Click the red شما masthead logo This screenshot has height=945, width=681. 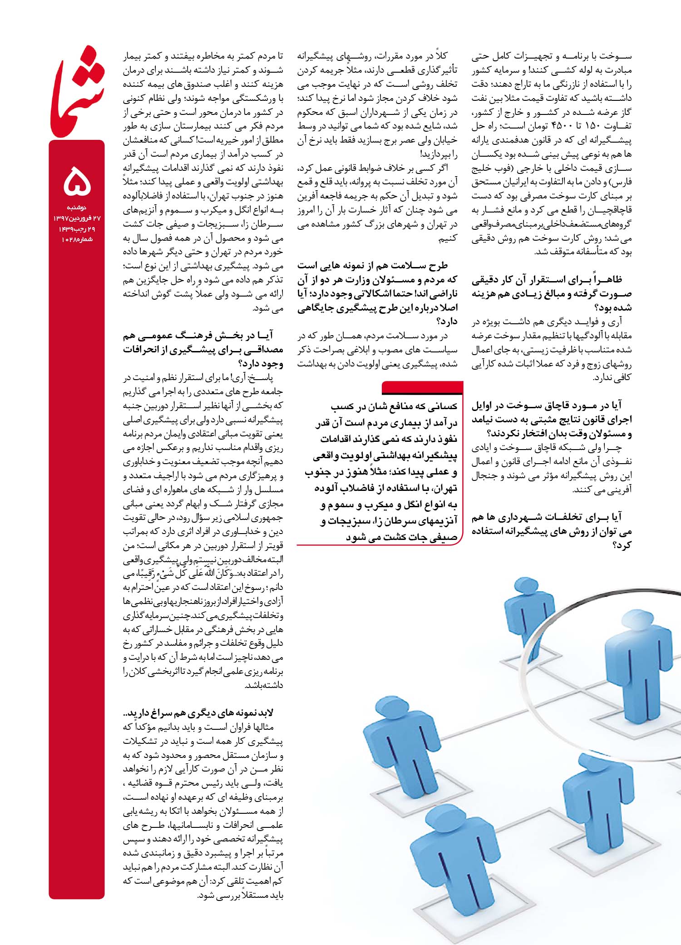(77, 93)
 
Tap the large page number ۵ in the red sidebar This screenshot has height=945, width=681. (77, 180)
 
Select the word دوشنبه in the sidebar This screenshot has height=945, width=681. (77, 208)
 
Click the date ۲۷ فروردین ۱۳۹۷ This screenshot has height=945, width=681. (77, 218)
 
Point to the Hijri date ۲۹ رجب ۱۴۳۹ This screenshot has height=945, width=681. (77, 229)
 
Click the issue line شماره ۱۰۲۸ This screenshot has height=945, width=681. (77, 239)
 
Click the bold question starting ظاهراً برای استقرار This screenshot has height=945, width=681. (552, 293)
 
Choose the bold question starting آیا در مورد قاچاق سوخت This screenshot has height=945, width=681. (552, 419)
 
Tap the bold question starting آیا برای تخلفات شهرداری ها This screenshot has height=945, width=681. (552, 531)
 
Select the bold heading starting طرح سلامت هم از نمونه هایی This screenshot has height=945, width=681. (377, 293)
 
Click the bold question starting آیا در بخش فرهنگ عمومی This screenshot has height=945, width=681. (203, 350)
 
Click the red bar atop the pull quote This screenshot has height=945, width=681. (422, 387)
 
